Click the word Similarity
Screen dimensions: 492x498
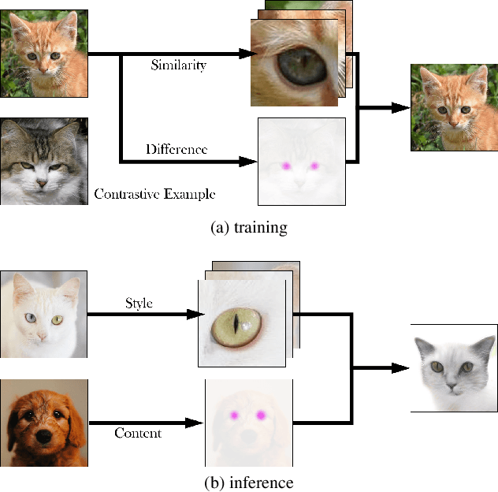point(178,65)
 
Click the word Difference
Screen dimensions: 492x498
point(177,149)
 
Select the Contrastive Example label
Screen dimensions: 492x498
point(154,193)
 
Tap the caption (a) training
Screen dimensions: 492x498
point(248,228)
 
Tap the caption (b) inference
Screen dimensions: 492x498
point(248,482)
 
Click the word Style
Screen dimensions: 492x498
point(138,303)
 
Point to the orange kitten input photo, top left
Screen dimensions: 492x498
point(44,54)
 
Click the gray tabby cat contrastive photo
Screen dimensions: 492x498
point(44,161)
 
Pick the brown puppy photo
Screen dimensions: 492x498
point(44,422)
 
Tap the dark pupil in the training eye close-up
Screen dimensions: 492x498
point(292,65)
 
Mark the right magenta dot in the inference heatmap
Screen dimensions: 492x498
point(260,414)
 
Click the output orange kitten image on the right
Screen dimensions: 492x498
point(454,107)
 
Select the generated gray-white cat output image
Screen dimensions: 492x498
point(454,367)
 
